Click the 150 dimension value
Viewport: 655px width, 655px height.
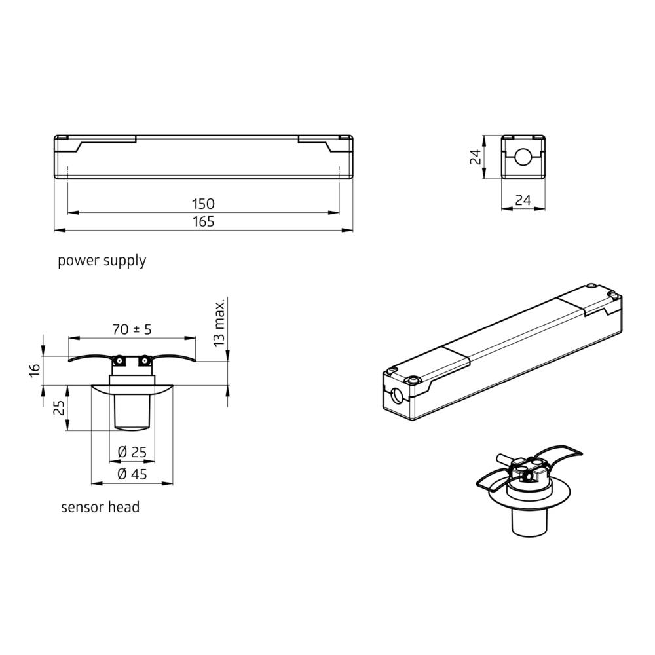204,204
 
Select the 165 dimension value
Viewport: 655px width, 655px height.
204,222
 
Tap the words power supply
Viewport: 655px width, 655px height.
102,261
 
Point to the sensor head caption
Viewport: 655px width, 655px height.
100,507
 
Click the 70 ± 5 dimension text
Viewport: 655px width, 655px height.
132,329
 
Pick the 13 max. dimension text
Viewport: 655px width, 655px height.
219,322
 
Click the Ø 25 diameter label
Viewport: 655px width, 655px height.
132,452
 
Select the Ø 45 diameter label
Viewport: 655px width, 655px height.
132,475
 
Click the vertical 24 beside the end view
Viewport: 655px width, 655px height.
476,157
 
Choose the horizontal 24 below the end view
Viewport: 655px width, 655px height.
523,201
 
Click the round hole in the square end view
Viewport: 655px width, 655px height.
523,157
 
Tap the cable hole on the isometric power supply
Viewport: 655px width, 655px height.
397,396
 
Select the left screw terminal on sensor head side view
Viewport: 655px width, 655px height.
120,360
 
